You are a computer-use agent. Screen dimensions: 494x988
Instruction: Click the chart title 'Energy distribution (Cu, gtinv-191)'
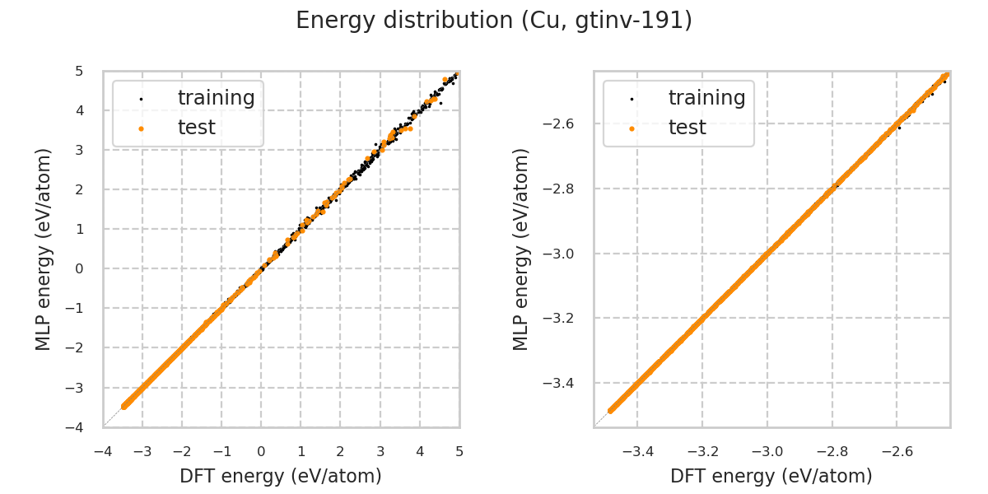click(x=494, y=21)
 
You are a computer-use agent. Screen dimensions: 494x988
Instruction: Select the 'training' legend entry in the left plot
click(x=216, y=98)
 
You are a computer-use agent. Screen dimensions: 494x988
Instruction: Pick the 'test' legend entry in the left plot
click(x=196, y=128)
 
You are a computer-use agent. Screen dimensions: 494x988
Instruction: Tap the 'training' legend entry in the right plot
click(x=706, y=98)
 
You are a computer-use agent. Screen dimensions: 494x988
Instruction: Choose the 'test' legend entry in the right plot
click(x=687, y=128)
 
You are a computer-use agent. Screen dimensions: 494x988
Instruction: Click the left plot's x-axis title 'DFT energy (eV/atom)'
click(x=281, y=476)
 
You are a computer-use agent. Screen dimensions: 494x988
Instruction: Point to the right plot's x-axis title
click(x=771, y=476)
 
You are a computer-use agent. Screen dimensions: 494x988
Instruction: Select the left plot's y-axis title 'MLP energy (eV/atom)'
click(x=44, y=249)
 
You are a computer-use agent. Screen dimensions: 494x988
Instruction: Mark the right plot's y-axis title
click(x=521, y=249)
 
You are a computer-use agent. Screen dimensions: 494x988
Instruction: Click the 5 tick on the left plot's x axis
click(x=459, y=451)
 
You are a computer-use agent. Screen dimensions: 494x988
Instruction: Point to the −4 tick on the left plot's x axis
click(x=103, y=451)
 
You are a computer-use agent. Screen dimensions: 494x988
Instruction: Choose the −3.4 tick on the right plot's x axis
click(x=637, y=451)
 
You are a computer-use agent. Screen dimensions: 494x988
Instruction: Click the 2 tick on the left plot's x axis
click(x=341, y=451)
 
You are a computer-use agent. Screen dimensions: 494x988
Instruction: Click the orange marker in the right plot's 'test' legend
click(x=631, y=128)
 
